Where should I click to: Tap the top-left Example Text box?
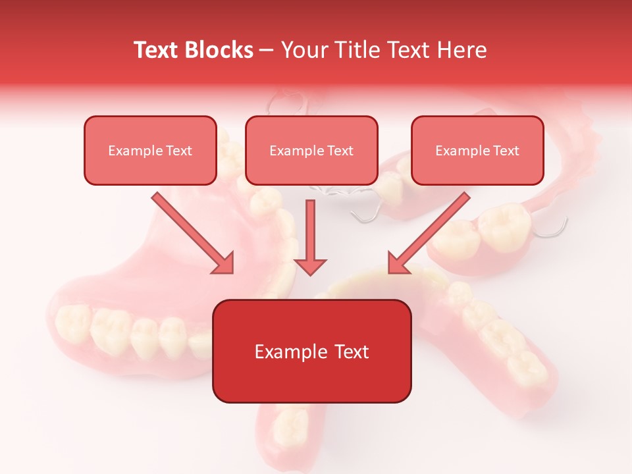[150, 150]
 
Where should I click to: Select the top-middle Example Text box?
[311, 150]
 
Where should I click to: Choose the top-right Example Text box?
[477, 150]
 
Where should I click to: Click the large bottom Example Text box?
[311, 351]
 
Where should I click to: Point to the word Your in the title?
[302, 50]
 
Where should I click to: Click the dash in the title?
[267, 51]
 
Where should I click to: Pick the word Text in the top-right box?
[506, 151]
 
